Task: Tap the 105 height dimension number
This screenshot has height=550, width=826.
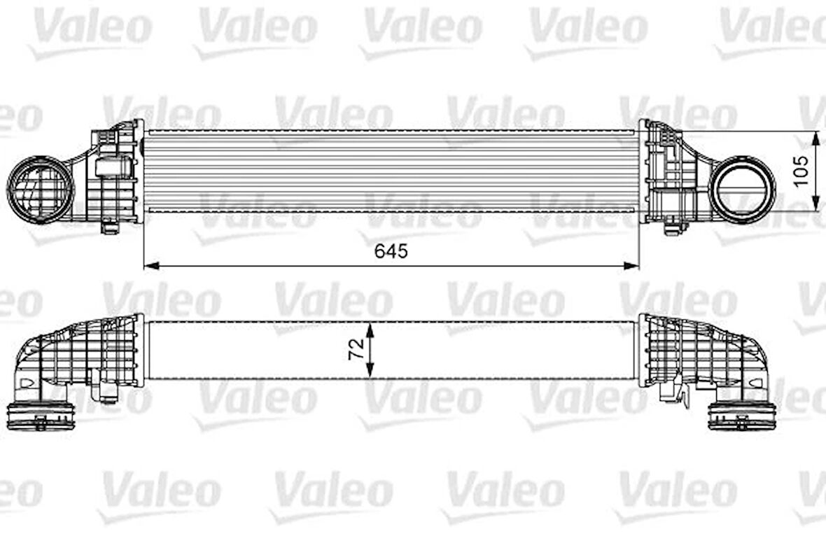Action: tap(801, 170)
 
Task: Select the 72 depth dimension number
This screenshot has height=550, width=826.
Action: tap(356, 349)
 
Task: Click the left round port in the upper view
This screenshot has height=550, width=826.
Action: tap(40, 190)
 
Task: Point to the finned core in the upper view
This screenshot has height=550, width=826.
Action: tap(391, 171)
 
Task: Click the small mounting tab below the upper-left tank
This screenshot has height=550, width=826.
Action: tap(109, 227)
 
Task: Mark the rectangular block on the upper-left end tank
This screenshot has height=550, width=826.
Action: tap(113, 167)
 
